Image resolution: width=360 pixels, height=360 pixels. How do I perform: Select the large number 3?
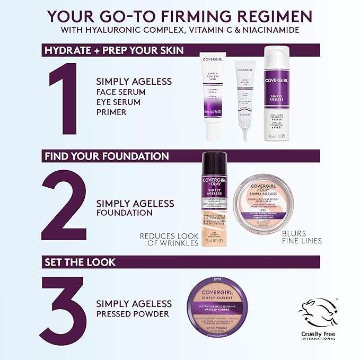coord(64,310)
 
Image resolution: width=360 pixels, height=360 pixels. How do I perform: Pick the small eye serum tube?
coord(245,98)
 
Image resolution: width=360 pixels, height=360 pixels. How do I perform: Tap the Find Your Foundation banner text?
coord(107,156)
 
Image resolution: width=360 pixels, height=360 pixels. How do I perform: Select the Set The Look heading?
coord(80,262)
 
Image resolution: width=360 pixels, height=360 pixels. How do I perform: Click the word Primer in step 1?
coord(111,112)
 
